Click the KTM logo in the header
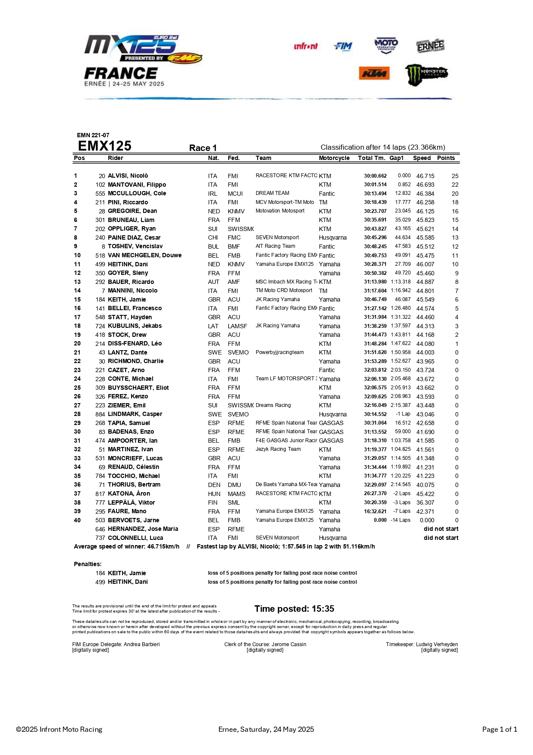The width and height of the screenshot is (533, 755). pos(374,74)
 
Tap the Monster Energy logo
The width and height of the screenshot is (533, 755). pos(426,74)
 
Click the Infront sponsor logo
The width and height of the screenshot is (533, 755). pos(306,46)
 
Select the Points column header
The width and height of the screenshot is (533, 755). pos(446,158)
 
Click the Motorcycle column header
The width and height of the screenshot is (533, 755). pos(334,158)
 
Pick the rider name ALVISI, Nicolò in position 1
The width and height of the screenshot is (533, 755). pos(128,176)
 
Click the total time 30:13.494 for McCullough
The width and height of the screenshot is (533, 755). pos(375,194)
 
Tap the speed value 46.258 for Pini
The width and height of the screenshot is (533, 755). pos(425,202)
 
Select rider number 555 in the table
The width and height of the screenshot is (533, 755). pos(100,194)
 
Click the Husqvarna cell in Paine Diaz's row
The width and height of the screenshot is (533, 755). pos(333,237)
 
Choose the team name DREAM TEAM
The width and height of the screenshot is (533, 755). pos(272,193)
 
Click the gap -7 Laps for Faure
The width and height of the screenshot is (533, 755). pos(401,511)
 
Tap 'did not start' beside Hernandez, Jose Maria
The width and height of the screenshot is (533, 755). pos(441,529)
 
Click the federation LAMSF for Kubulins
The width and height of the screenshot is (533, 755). pos(237,326)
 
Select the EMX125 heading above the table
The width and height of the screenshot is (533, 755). pos(104,146)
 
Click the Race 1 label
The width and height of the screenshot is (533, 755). pos(203,148)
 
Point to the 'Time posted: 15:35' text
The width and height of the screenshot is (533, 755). pos(294,609)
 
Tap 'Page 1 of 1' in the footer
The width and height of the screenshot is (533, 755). pos(499,729)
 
